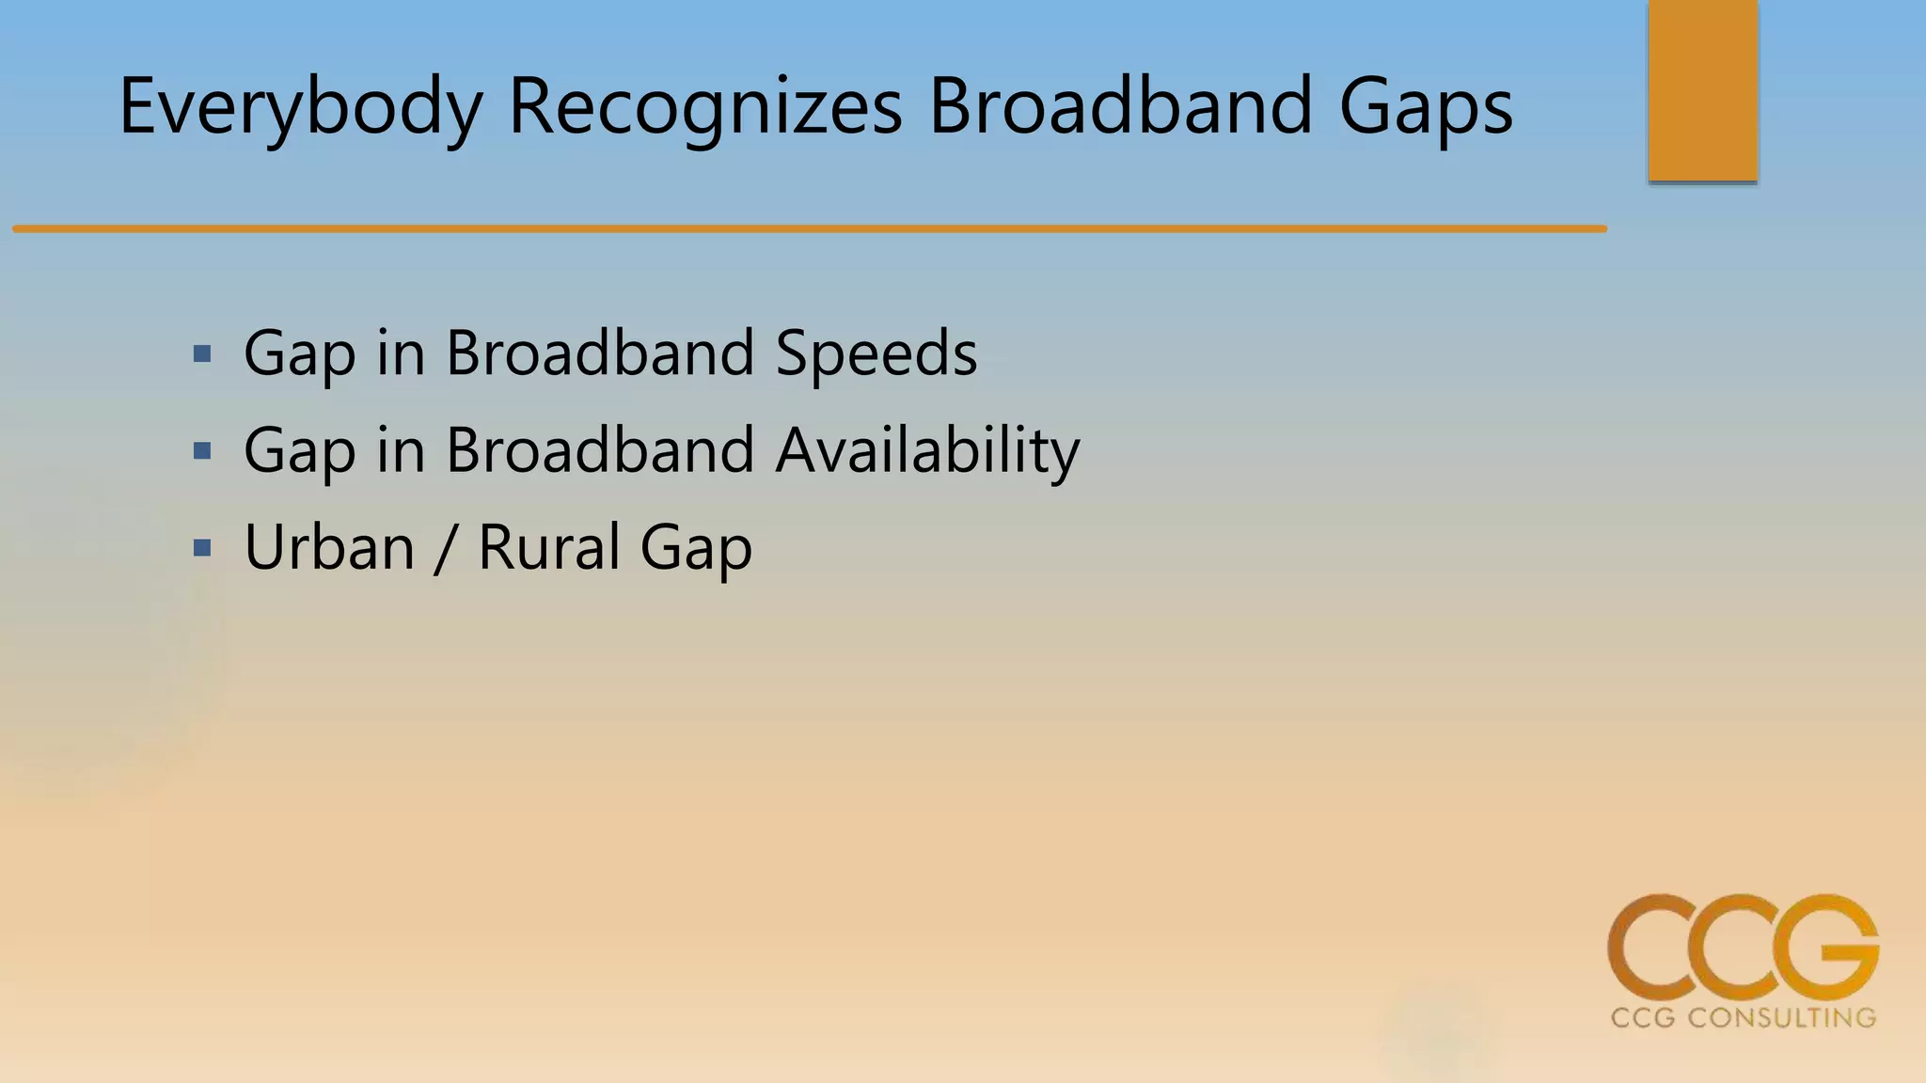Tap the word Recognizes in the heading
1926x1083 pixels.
tap(705, 107)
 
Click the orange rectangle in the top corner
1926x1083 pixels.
tap(1702, 90)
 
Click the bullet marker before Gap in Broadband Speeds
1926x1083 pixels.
tap(201, 355)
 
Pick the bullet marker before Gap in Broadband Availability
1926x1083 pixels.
tap(201, 452)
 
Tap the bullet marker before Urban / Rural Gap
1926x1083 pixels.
tap(201, 548)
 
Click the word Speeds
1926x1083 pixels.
tap(876, 355)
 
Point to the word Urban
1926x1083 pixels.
tap(329, 548)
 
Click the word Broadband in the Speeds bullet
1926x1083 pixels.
tap(600, 354)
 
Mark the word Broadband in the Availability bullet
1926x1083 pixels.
tap(600, 451)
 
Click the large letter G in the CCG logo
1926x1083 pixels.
tap(1824, 948)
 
